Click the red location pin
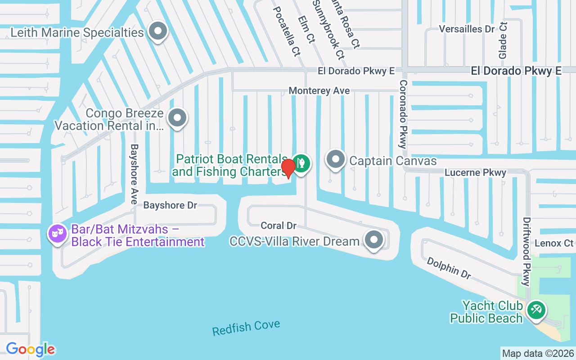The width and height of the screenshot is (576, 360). pyautogui.click(x=288, y=168)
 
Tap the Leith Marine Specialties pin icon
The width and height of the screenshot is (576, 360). pyautogui.click(x=158, y=31)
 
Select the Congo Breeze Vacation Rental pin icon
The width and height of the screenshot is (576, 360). pyautogui.click(x=177, y=118)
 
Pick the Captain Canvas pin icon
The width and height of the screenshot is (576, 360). pyautogui.click(x=335, y=159)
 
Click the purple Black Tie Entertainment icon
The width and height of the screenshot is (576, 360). pyautogui.click(x=58, y=233)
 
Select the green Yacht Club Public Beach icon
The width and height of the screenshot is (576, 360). pyautogui.click(x=536, y=310)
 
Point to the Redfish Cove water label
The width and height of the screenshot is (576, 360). pyautogui.click(x=246, y=328)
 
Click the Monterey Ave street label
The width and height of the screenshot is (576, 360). pyautogui.click(x=319, y=91)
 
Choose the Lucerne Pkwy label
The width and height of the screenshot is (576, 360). pyautogui.click(x=475, y=173)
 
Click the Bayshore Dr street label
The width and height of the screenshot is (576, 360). pyautogui.click(x=170, y=205)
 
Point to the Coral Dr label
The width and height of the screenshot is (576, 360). pyautogui.click(x=279, y=225)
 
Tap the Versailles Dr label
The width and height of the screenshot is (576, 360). pyautogui.click(x=467, y=29)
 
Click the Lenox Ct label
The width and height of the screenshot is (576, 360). pyautogui.click(x=554, y=243)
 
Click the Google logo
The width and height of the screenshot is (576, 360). pyautogui.click(x=31, y=349)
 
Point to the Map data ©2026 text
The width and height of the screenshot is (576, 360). pyautogui.click(x=538, y=353)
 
